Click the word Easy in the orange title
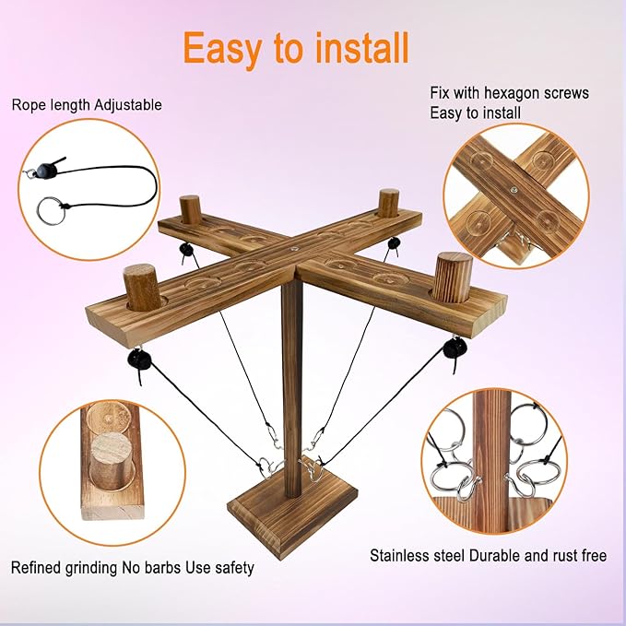click(222, 49)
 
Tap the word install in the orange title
click(361, 48)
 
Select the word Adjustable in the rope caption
click(128, 105)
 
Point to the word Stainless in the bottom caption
click(396, 555)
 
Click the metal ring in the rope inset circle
click(51, 210)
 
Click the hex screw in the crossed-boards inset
click(514, 190)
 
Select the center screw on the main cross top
click(294, 248)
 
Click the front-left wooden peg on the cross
click(142, 287)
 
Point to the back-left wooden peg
click(190, 209)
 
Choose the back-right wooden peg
click(388, 203)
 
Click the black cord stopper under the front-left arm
click(139, 359)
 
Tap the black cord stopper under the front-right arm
click(454, 348)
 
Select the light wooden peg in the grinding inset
click(112, 461)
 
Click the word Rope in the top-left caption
click(27, 105)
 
